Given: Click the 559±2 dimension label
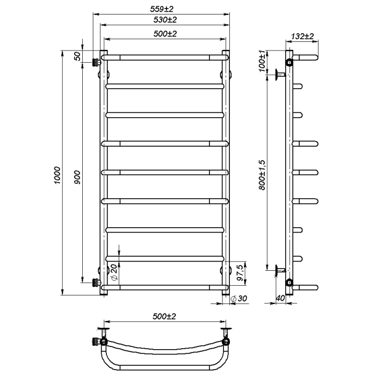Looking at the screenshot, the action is tap(162, 9).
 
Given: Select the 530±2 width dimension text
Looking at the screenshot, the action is tap(165, 19).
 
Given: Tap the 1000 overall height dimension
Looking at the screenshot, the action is tap(57, 175).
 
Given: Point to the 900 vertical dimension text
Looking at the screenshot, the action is tap(77, 177).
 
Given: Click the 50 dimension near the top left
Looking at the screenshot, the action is tap(77, 56).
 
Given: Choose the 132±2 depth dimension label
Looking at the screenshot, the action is tap(302, 37).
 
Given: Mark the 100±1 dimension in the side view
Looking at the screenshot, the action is tap(262, 61).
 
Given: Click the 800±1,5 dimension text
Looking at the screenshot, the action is tap(262, 175).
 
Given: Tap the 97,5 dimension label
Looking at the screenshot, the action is tap(240, 273).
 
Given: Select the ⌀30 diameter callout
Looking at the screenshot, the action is tap(238, 299).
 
